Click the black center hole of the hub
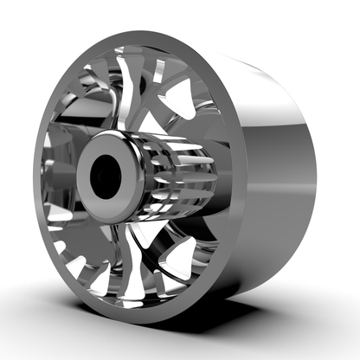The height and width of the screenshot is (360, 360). click(107, 176)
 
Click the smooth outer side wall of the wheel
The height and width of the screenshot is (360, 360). click(277, 173)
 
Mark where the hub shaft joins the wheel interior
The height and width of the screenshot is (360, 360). click(221, 186)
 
